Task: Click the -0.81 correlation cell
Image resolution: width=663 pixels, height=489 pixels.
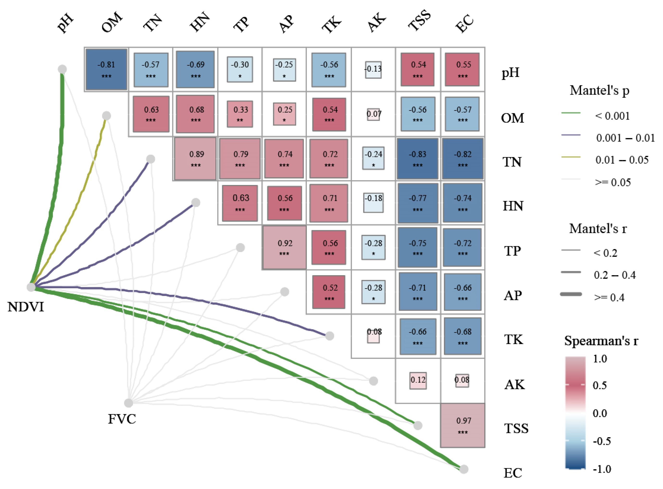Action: click(106, 69)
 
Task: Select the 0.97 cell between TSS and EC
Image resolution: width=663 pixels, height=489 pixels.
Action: click(463, 425)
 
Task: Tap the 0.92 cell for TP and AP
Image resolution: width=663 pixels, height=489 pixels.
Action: click(284, 248)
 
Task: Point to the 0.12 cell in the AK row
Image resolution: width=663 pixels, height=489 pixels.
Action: click(418, 380)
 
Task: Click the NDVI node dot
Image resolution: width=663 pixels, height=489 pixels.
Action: click(31, 287)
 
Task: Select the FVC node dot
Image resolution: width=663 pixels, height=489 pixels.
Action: click(128, 403)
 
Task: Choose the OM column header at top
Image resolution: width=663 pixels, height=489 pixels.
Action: click(112, 22)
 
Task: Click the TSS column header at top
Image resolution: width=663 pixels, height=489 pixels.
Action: click(419, 21)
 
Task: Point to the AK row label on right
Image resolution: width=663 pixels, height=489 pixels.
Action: click(514, 385)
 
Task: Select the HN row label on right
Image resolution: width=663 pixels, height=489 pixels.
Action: click(513, 206)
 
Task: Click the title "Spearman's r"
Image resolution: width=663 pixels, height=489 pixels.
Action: click(601, 341)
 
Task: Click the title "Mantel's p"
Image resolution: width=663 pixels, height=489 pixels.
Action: click(599, 90)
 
